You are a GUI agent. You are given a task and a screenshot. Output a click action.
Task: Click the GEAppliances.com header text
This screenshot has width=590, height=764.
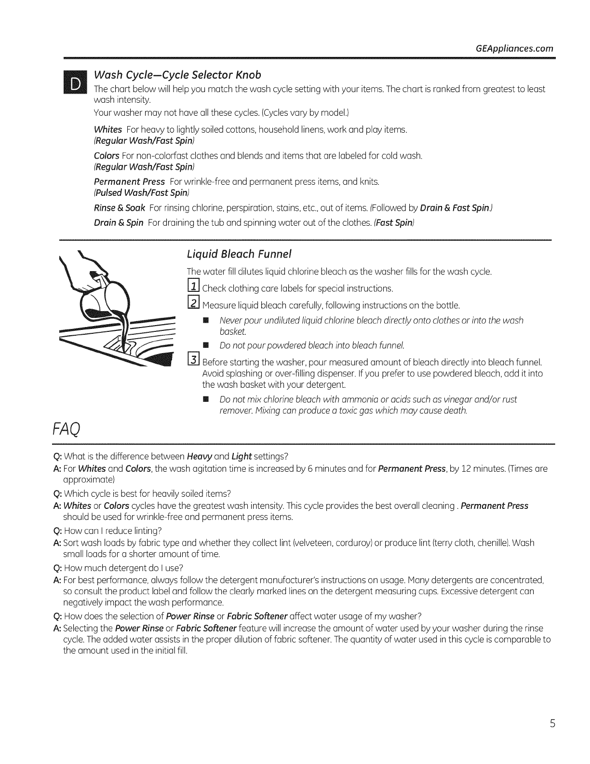point(514,49)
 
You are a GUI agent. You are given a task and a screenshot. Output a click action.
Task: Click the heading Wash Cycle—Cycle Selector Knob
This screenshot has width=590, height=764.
point(177,75)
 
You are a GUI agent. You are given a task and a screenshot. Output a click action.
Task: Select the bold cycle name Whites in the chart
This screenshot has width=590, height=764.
point(107,130)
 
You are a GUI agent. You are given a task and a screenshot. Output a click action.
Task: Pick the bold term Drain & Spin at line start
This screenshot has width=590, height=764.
point(118,222)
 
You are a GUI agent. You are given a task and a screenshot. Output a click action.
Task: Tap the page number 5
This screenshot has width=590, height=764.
point(552,723)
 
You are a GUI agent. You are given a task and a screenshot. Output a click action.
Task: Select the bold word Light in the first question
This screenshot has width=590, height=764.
point(241,456)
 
